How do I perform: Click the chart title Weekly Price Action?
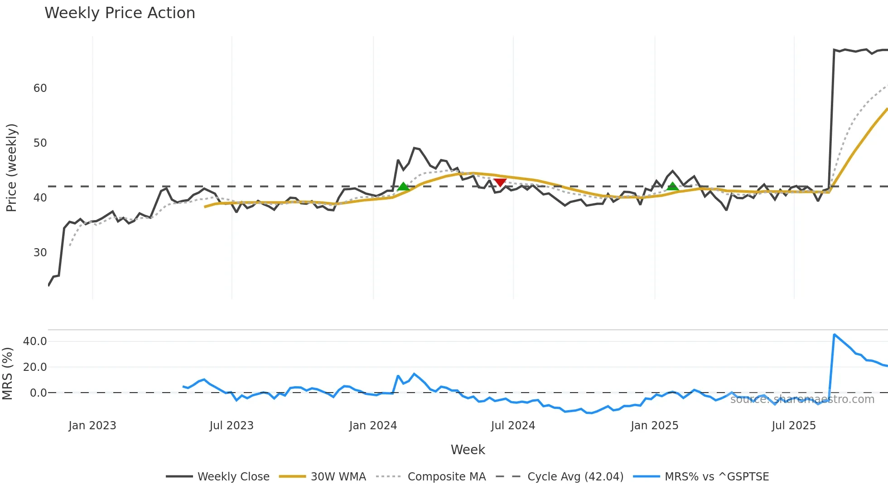[x=120, y=13]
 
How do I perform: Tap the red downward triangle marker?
[x=500, y=182]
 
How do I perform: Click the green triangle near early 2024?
[x=403, y=187]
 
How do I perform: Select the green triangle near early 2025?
[x=672, y=186]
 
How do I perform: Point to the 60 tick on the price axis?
[x=40, y=88]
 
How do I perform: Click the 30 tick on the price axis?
[x=40, y=253]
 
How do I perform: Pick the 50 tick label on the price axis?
[x=40, y=143]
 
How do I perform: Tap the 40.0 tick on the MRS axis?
[x=35, y=341]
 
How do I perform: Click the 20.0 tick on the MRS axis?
[x=35, y=367]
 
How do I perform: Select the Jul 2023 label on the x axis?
[x=231, y=426]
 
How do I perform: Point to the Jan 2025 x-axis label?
[x=654, y=426]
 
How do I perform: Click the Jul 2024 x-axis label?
[x=513, y=426]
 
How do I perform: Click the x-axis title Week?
[x=468, y=450]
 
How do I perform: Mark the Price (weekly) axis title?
[x=11, y=168]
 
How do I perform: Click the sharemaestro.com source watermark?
[x=802, y=399]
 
